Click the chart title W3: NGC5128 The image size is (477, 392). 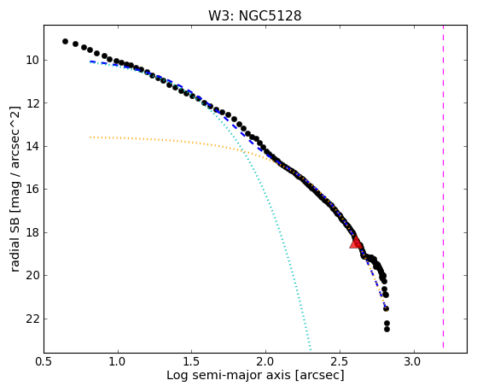pyautogui.click(x=254, y=16)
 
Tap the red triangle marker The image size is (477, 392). pyautogui.click(x=355, y=243)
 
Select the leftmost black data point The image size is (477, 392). pyautogui.click(x=65, y=42)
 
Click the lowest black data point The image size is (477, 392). pyautogui.click(x=387, y=330)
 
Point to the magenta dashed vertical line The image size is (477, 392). pyautogui.click(x=443, y=187)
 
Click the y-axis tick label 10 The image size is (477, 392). pyautogui.click(x=32, y=61)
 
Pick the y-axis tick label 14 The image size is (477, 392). pyautogui.click(x=32, y=147)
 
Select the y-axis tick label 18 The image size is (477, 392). pyautogui.click(x=32, y=232)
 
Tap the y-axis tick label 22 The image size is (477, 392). pyautogui.click(x=32, y=319)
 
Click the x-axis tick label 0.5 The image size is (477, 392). pyautogui.click(x=44, y=362)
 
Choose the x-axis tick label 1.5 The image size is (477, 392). pyautogui.click(x=192, y=362)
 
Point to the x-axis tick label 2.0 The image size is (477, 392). pyautogui.click(x=266, y=362)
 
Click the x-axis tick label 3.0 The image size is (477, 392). pyautogui.click(x=414, y=362)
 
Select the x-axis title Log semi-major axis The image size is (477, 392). pyautogui.click(x=229, y=376)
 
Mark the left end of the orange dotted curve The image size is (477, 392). pyautogui.click(x=90, y=137)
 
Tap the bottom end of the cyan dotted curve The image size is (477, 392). pyautogui.click(x=311, y=349)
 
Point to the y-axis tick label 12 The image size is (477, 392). pyautogui.click(x=32, y=103)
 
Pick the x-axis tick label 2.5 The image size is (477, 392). pyautogui.click(x=340, y=362)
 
